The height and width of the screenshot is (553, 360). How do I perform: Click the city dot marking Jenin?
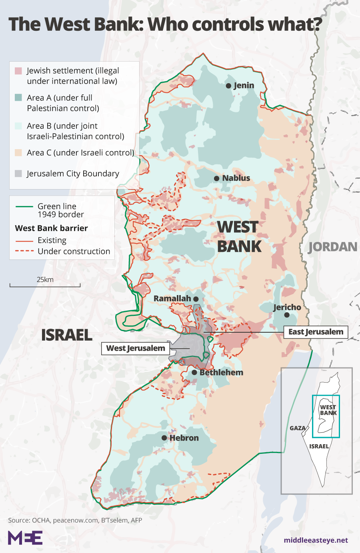[228, 86]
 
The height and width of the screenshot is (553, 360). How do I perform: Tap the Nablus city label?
[236, 178]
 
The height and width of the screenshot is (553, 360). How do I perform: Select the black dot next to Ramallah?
[196, 299]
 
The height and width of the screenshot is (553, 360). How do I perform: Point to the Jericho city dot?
[287, 315]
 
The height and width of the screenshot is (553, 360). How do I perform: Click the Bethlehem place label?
[221, 372]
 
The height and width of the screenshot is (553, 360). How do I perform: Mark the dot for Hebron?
[164, 438]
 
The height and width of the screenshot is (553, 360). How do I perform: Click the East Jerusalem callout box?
[316, 332]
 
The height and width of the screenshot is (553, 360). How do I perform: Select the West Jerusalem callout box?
[135, 348]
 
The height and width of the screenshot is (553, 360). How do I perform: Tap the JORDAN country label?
[333, 247]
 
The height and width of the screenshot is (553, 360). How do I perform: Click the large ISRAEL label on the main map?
[67, 335]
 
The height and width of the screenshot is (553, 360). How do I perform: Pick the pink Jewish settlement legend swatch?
[18, 71]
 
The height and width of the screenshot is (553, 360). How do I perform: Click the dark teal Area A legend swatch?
[18, 98]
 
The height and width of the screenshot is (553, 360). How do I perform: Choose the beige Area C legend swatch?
[18, 153]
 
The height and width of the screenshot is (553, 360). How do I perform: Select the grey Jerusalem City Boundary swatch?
[18, 174]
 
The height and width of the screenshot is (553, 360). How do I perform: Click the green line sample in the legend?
[24, 207]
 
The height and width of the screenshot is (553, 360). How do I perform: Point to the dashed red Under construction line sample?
[24, 252]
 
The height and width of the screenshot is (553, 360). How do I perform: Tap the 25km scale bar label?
[45, 279]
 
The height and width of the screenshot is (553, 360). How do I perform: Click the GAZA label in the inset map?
[297, 428]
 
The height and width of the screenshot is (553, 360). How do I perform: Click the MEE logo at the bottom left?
[25, 538]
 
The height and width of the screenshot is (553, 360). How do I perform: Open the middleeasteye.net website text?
[316, 540]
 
